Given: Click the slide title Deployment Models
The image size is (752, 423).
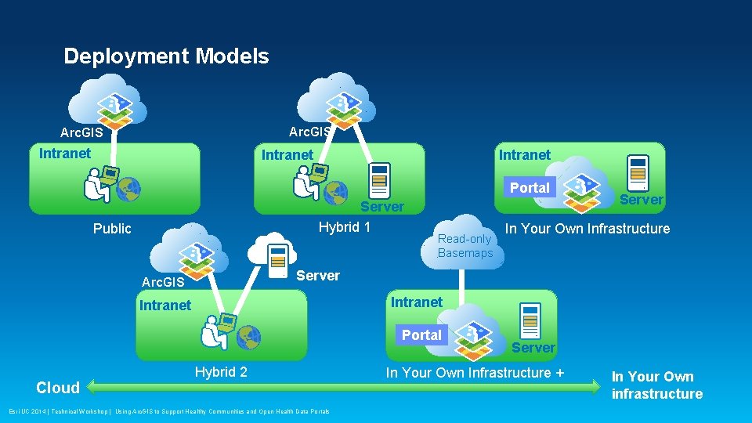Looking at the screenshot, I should point(166,56).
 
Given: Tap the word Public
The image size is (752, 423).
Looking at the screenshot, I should point(112,229).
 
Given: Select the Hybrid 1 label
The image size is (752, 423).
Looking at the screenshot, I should point(345,228).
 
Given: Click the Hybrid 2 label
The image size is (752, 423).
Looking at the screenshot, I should point(221,372).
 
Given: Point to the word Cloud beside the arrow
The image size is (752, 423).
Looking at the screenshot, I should point(58,388).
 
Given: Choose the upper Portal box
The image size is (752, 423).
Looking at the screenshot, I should point(530,188).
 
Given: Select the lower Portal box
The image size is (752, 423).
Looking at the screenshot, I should point(421,335).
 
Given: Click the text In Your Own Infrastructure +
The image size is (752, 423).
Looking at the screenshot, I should point(475,373).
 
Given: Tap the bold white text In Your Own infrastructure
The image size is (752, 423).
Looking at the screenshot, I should point(656,385).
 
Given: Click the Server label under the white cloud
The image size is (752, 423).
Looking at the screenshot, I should point(318,276).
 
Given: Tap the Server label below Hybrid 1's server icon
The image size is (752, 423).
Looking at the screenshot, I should point(382,207).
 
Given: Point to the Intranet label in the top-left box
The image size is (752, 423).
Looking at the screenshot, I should point(65,154).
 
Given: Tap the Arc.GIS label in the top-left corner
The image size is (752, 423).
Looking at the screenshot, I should point(81,133).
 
